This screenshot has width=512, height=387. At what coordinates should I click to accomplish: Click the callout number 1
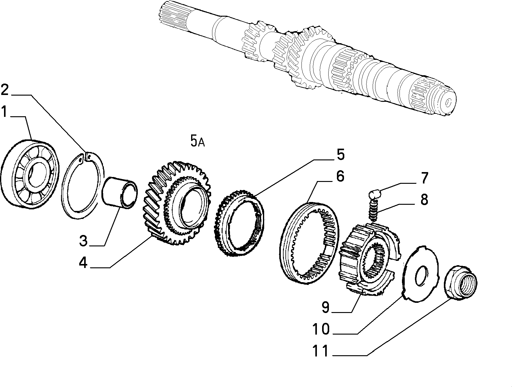(4, 112)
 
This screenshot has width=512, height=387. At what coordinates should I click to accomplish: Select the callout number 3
(83, 241)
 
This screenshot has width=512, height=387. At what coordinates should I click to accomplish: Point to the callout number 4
(83, 263)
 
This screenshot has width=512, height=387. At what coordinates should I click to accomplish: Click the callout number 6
(340, 176)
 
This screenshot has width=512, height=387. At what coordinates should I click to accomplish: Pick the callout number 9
(326, 307)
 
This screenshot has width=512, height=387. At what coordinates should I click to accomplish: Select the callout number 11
(321, 351)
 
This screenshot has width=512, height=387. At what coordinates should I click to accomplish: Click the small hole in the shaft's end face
(448, 103)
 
